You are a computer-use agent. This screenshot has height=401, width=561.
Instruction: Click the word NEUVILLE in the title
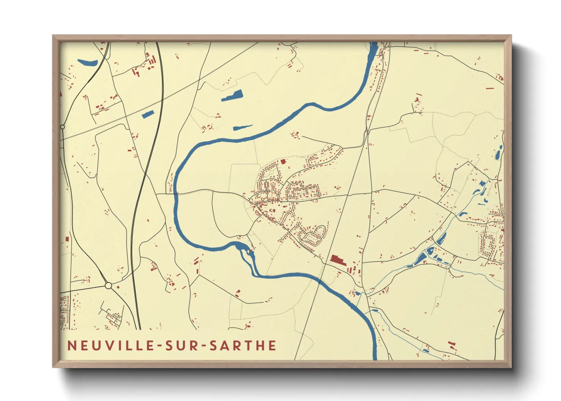pyautogui.click(x=108, y=346)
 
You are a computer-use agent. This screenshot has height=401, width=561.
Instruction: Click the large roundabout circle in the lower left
pyautogui.click(x=108, y=285)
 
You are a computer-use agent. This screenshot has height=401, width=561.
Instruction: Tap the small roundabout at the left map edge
pyautogui.click(x=62, y=127)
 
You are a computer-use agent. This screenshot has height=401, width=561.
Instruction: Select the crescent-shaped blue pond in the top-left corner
pyautogui.click(x=87, y=62)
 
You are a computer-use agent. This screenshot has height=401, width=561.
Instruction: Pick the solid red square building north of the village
pyautogui.click(x=283, y=162)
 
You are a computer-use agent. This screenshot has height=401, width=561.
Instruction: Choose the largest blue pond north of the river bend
pyautogui.click(x=232, y=96)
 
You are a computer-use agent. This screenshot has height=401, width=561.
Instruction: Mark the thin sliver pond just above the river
pyautogui.click(x=243, y=127)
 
